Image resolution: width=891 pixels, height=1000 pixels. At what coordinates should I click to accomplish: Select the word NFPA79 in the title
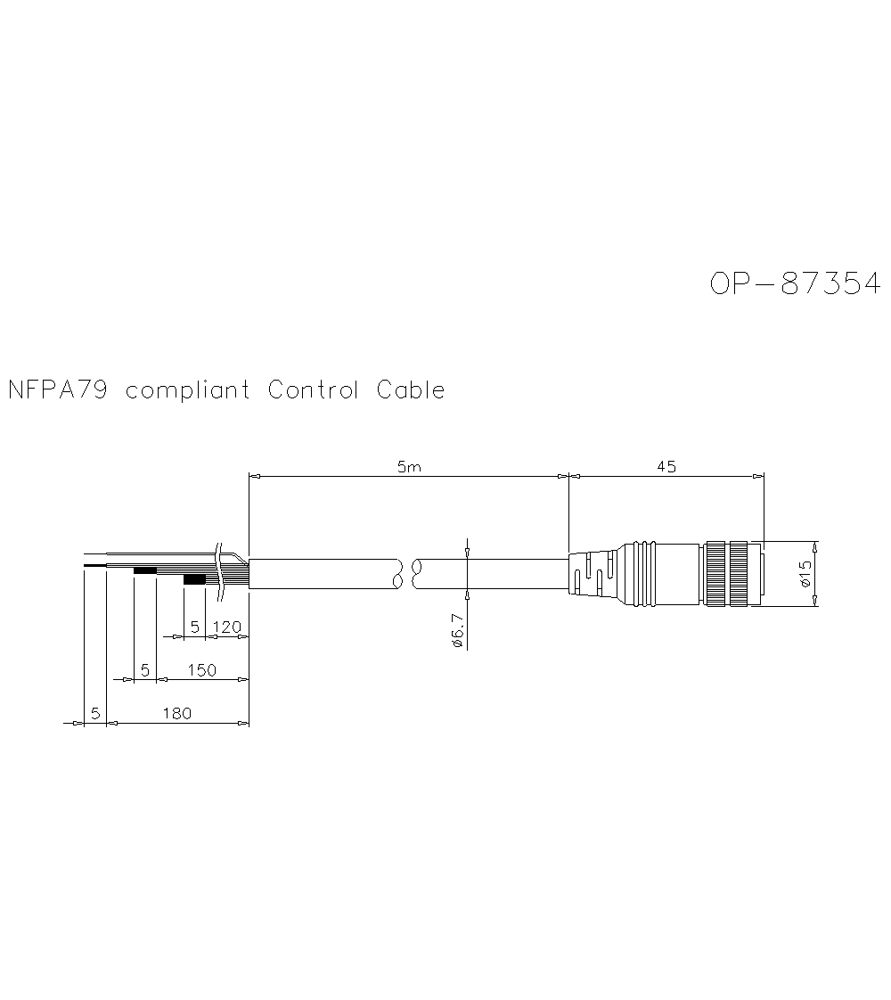point(58,389)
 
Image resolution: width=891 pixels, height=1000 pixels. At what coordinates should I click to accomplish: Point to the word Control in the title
point(313,389)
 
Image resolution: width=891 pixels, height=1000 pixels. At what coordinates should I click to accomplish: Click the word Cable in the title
point(410,389)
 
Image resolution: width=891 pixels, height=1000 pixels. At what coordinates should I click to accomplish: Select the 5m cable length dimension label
point(408,467)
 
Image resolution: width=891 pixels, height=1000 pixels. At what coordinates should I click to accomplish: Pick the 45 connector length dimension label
point(666,466)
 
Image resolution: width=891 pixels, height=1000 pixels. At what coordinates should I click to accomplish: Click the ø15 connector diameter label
point(805,573)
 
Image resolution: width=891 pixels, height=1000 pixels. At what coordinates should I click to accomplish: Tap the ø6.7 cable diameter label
point(457,630)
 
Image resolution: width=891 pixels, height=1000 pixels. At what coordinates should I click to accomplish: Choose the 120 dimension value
point(227,627)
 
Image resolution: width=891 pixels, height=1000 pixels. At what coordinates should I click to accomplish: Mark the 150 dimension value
point(201,670)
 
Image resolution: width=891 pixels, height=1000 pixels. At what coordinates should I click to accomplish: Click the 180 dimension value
point(176,713)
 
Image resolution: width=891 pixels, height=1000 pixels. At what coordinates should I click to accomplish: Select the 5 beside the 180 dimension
point(94,713)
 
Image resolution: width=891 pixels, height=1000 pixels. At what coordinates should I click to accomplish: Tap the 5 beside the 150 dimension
point(144,670)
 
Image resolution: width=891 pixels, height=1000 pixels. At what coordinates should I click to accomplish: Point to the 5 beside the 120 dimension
point(195,627)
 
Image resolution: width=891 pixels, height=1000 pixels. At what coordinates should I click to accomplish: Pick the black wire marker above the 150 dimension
point(144,570)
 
